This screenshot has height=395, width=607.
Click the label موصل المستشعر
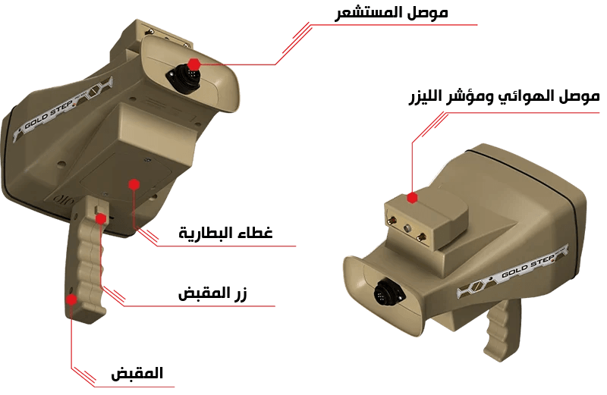pos(391,13)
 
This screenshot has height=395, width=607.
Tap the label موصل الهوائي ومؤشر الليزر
pos(504,96)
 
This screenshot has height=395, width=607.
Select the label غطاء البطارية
pos(225,233)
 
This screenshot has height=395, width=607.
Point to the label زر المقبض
pos(212,293)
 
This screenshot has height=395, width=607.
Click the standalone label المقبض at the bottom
pos(137,373)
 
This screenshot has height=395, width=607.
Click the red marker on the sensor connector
pos(194,64)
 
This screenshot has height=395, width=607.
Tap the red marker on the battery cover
pos(134,184)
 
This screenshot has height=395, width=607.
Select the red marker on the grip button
pos(101,219)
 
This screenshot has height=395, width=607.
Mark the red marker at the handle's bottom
pos(71,299)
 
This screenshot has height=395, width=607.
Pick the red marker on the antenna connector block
pos(412,198)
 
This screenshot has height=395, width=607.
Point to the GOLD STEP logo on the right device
pos(513,273)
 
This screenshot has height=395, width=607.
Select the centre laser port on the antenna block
pos(407,229)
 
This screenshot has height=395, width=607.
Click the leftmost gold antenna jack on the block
pos(392,221)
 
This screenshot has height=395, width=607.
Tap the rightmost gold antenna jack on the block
pos(421,237)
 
